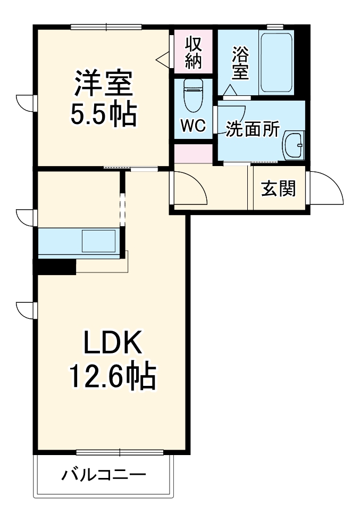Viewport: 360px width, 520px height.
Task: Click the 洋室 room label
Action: (103, 84)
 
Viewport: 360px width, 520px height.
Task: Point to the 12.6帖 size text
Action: (111, 377)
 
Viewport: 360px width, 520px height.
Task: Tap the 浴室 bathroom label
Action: (240, 63)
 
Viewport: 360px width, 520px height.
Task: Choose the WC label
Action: (193, 126)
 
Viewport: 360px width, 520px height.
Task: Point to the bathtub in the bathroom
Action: (275, 62)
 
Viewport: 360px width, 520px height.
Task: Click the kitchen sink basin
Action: (98, 242)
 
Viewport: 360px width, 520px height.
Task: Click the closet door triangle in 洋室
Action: (163, 59)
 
